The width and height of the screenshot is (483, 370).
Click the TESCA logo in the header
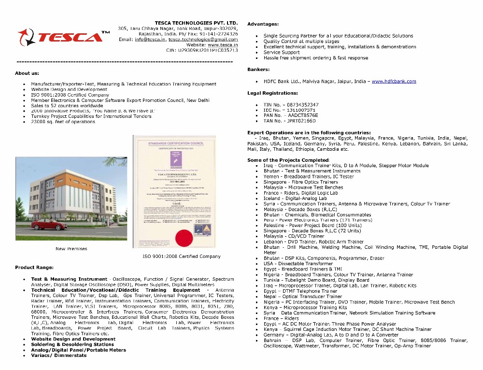63,37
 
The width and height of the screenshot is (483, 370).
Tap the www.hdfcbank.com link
394,81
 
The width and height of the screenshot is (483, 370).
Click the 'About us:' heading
27,73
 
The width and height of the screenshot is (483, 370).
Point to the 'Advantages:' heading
263,24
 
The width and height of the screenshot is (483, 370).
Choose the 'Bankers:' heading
258,70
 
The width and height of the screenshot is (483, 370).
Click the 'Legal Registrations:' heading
272,93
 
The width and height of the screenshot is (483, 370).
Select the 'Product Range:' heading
34,267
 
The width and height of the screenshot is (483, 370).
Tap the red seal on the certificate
183,237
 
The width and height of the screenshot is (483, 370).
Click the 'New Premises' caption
71,249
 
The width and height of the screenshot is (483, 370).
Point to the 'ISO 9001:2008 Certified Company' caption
181,256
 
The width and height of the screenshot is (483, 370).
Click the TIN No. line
291,105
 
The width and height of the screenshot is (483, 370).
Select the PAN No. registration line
290,115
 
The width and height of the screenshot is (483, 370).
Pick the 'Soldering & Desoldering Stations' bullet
72,344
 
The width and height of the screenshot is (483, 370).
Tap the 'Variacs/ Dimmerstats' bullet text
58,356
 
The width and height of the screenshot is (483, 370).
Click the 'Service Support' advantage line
282,52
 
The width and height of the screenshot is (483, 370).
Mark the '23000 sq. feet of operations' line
63,122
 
